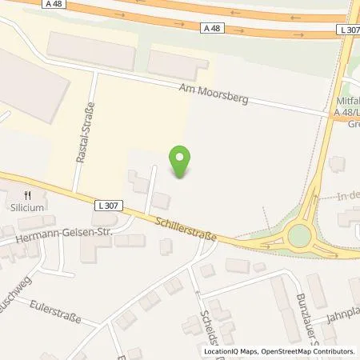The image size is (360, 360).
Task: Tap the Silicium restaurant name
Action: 28,206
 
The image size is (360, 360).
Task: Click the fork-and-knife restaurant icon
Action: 28,194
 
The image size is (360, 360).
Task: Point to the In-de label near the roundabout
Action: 347,194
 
